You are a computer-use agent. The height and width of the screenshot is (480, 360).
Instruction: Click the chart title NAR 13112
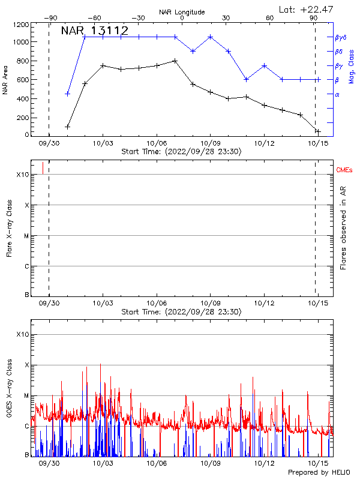tap(95, 31)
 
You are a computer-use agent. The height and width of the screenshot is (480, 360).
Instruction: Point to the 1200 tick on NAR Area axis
tap(22, 25)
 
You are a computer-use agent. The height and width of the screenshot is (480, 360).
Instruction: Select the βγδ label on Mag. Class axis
tap(340, 37)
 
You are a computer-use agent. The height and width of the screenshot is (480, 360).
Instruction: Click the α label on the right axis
tap(337, 94)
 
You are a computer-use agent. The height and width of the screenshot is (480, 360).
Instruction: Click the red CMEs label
tap(344, 171)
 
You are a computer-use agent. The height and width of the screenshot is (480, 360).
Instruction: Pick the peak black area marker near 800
tap(175, 61)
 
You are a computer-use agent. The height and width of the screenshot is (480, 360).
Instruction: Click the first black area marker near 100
tap(68, 127)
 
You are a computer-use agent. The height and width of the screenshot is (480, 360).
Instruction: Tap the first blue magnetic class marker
tap(68, 94)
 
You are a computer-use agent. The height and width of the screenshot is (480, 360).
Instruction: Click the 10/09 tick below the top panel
tap(210, 143)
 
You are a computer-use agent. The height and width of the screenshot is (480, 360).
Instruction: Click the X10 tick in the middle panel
tap(23, 175)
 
